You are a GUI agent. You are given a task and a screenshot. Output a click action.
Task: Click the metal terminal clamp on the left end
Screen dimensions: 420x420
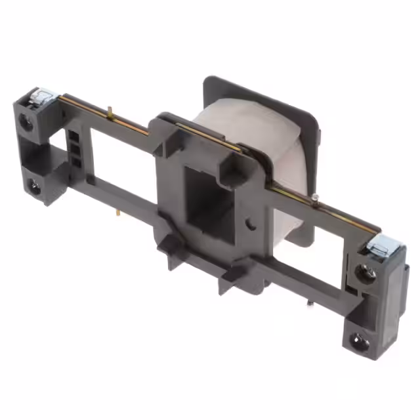tap(41, 99)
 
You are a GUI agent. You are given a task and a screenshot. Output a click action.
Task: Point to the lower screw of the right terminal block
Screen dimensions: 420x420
tap(358, 341)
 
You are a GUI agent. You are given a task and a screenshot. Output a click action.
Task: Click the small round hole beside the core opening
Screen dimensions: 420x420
tap(251, 223)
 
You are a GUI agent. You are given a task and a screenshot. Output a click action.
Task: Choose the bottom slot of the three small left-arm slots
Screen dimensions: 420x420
tap(76, 161)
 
